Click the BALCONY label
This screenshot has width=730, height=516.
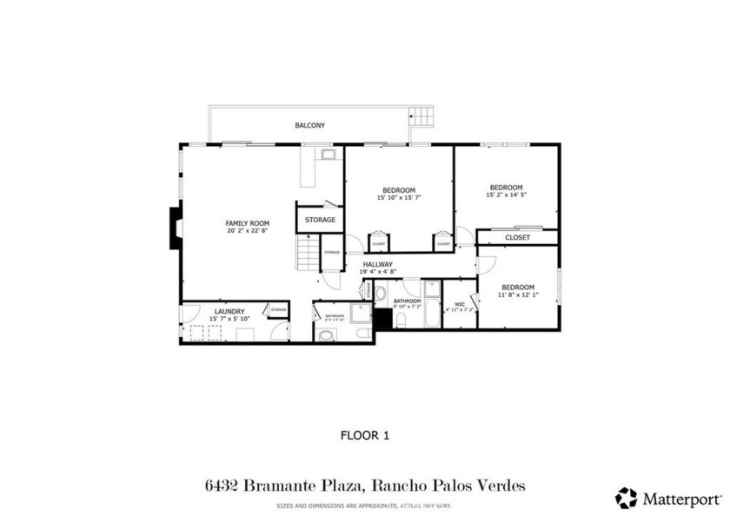309,126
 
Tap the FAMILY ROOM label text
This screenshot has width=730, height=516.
248,223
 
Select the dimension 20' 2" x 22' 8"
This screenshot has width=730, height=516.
248,231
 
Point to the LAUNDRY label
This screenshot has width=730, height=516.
229,311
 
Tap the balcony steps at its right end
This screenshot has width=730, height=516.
421,116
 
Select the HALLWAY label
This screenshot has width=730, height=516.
378,264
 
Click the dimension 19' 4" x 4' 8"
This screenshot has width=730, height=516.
378,272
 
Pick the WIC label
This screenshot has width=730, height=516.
460,304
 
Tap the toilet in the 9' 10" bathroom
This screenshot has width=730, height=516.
401,321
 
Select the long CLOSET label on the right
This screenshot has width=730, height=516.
518,237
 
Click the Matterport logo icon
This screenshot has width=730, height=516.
626,498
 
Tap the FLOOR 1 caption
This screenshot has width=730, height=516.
364,435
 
